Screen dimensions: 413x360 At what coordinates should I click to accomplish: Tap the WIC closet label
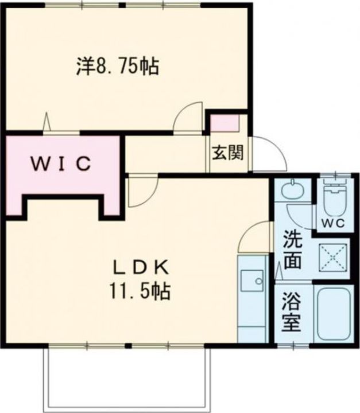[61, 164]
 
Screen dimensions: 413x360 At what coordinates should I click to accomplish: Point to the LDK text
[140, 267]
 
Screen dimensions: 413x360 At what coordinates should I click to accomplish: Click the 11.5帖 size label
[140, 292]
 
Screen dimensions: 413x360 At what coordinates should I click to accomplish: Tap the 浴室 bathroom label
[292, 313]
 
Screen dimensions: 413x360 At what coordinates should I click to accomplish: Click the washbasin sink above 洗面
[294, 189]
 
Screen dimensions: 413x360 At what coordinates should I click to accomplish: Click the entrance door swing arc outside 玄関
[270, 154]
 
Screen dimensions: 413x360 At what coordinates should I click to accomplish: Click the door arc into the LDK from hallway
[141, 192]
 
